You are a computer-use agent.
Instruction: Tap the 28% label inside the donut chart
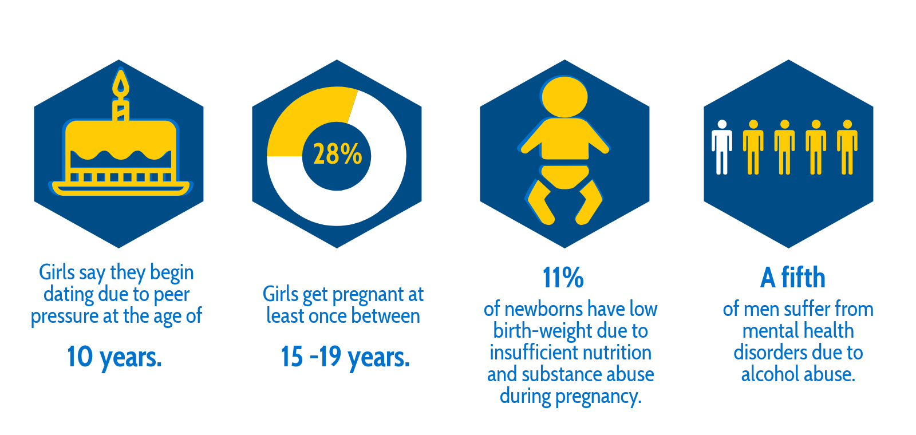coord(337,154)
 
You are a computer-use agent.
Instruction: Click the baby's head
coord(564,97)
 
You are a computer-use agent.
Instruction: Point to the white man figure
coord(722,147)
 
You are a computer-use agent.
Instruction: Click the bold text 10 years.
coord(114,357)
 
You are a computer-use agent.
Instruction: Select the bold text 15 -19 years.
coord(345,357)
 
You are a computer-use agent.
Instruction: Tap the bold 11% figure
coord(563,278)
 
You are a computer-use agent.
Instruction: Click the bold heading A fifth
coord(793,278)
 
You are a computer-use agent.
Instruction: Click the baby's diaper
coord(564,177)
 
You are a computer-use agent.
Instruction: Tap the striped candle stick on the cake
coord(121,110)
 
